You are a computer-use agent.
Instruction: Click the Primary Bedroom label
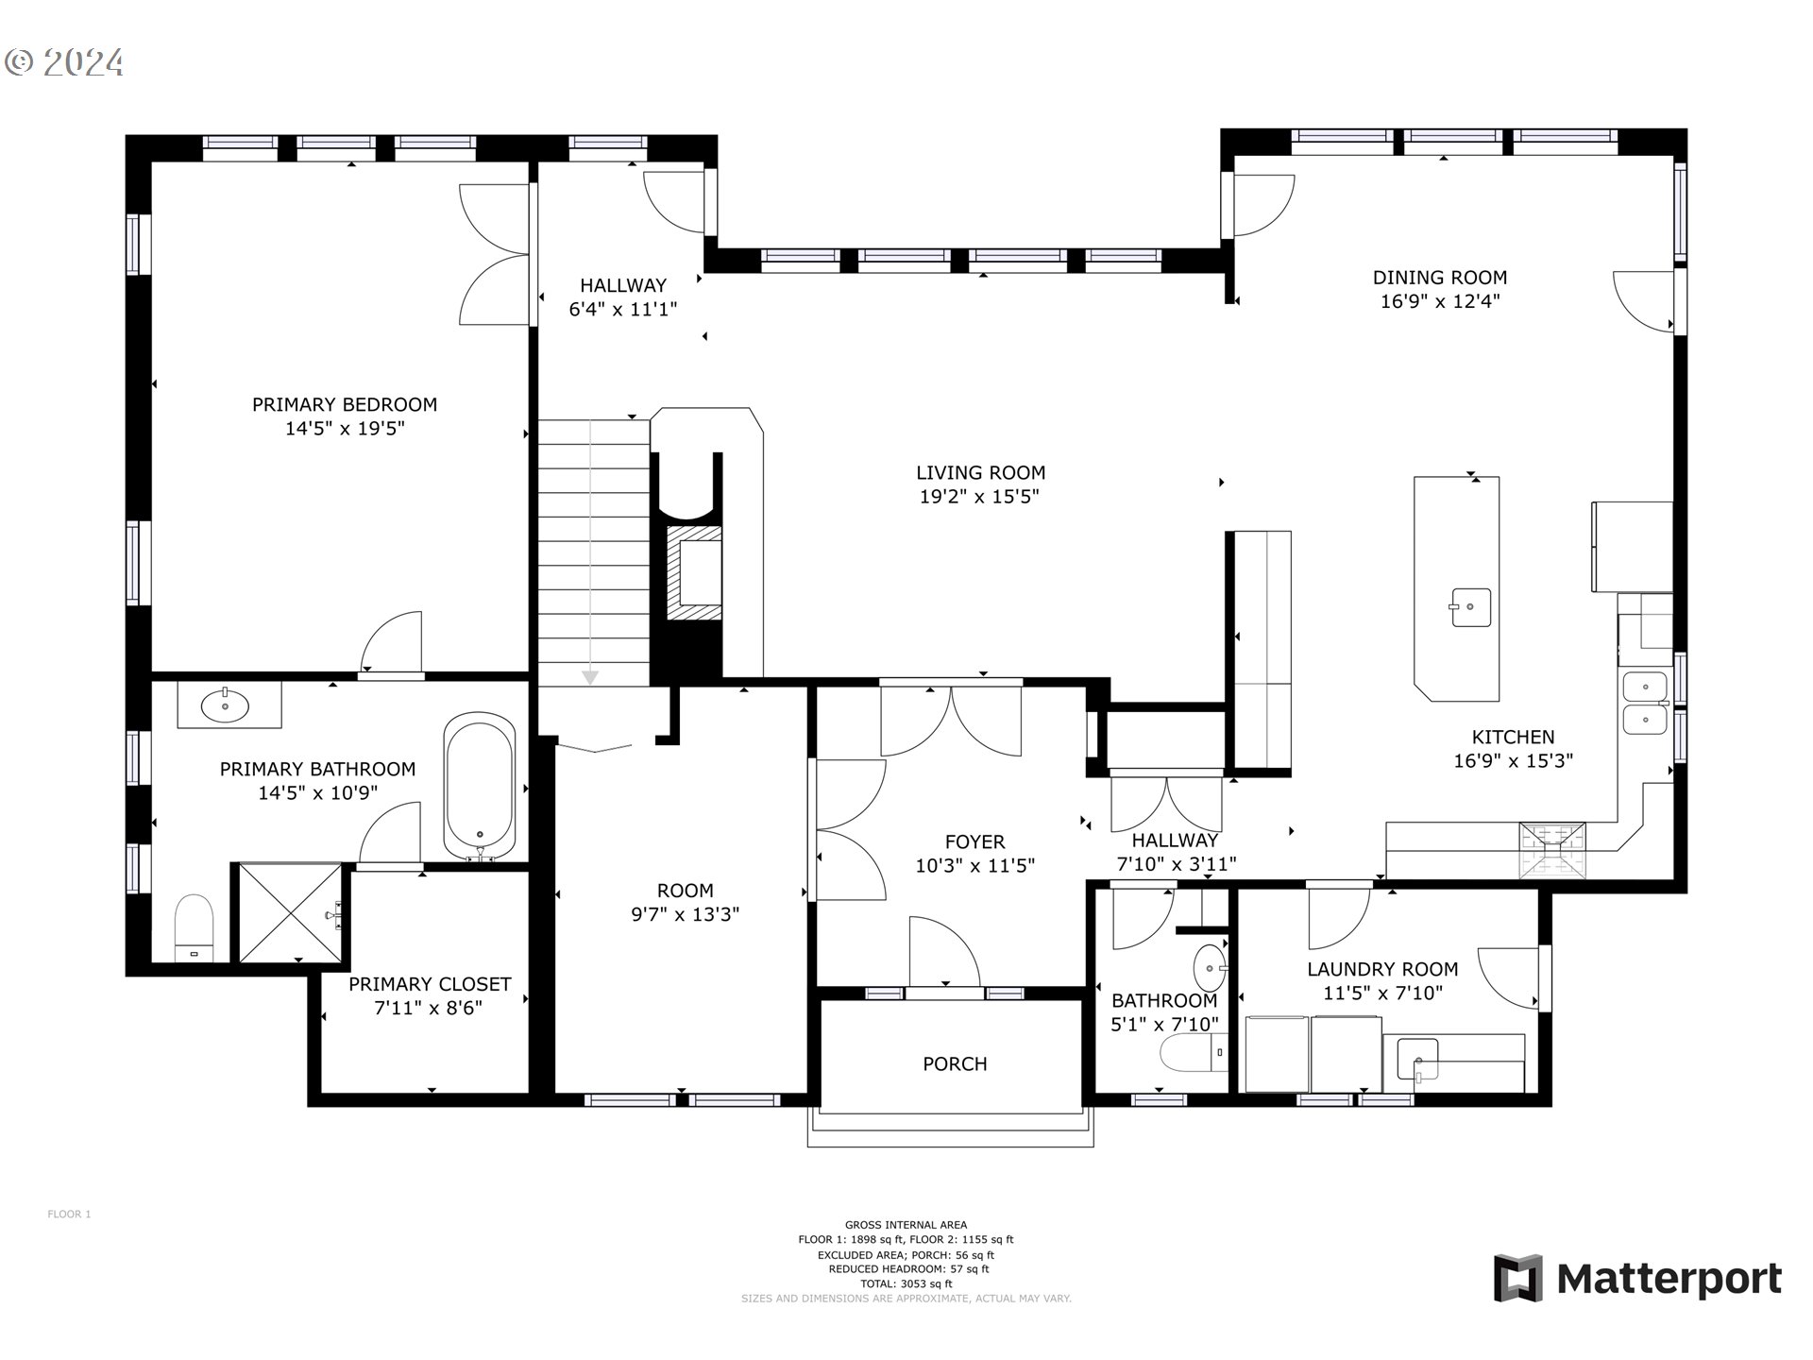(x=345, y=404)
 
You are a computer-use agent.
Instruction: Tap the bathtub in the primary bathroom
(x=480, y=787)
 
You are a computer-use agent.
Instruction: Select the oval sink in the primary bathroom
(x=225, y=705)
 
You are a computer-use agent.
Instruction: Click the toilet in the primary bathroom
(x=195, y=926)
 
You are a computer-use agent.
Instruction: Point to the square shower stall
(x=289, y=912)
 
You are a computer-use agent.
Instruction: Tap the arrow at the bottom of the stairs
(x=590, y=676)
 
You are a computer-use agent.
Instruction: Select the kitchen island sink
(x=1470, y=607)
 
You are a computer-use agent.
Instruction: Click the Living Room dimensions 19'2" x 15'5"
(x=979, y=497)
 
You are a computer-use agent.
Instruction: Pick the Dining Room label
(x=1439, y=278)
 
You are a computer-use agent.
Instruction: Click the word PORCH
(x=955, y=1064)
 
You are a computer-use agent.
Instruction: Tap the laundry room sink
(x=1417, y=1059)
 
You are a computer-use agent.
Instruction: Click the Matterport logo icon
(x=1518, y=1278)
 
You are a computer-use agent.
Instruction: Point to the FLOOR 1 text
(x=69, y=1215)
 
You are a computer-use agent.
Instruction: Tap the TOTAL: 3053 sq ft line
(x=906, y=1283)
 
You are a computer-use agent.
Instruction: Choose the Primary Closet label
(x=430, y=984)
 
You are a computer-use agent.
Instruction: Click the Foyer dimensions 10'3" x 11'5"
(x=974, y=866)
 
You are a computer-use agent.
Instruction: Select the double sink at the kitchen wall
(x=1645, y=704)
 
